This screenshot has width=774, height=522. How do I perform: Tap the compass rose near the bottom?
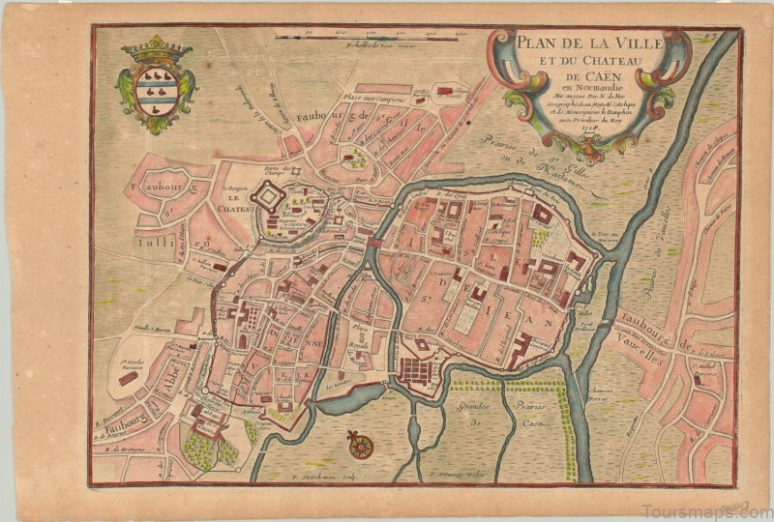pos(362,446)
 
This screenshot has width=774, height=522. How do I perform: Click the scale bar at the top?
pos(372,38)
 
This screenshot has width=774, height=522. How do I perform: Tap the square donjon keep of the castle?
pos(266,198)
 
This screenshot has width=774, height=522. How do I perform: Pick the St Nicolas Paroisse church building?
pos(129,379)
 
